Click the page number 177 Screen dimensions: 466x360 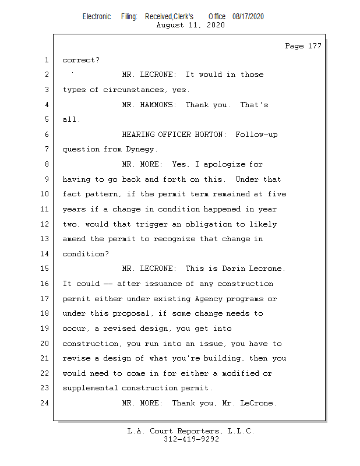pos(314,47)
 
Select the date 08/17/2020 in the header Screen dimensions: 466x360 pos(248,17)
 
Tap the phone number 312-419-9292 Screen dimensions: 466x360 pos(191,440)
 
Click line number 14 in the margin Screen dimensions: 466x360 pos(46,254)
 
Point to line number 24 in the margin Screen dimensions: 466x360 pos(46,403)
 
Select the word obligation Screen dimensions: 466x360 pos(193,224)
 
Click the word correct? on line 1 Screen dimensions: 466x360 pos(81,60)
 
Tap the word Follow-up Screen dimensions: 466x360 pos(256,135)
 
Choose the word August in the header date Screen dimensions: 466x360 pos(170,26)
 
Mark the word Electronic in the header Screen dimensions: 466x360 pos(97,17)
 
